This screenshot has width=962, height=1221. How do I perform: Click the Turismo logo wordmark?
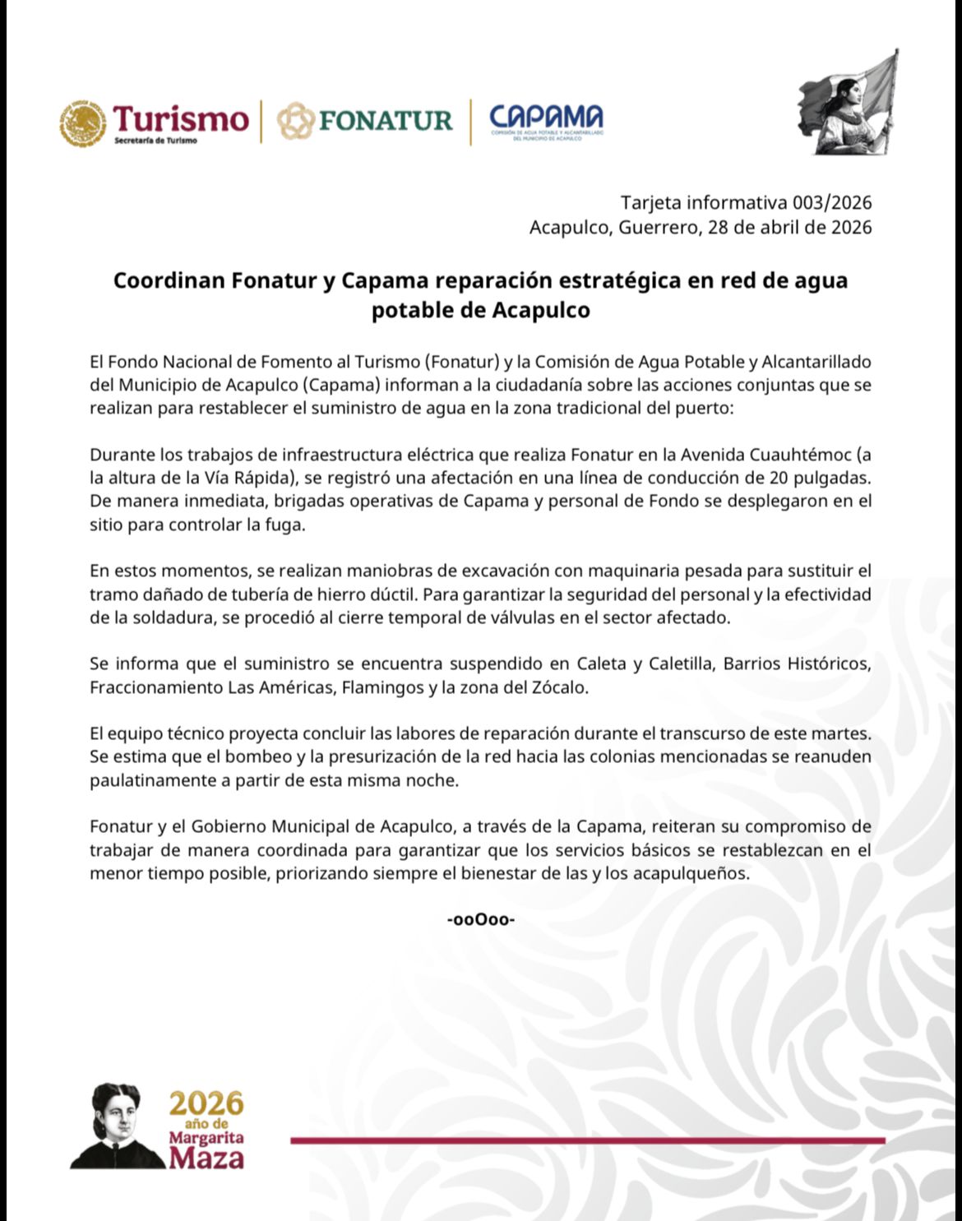tap(180, 120)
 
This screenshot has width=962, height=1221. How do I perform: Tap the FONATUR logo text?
tap(385, 121)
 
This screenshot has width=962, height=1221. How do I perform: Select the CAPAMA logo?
tap(546, 121)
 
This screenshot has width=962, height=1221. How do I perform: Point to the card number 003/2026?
tap(832, 202)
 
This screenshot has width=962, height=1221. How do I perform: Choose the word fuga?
tap(287, 525)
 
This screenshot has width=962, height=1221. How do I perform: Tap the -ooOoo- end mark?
tap(481, 919)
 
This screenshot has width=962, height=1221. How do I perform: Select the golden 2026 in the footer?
tap(206, 1103)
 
